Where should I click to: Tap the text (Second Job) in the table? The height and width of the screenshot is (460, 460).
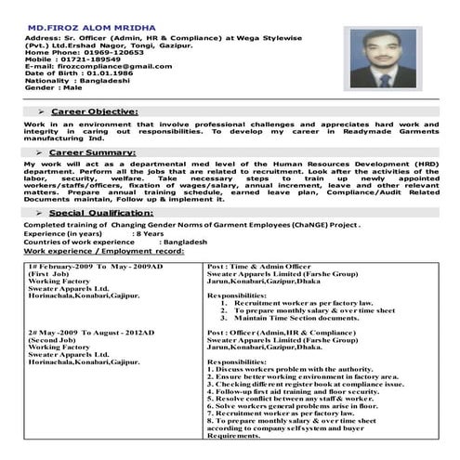[x=52, y=340]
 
